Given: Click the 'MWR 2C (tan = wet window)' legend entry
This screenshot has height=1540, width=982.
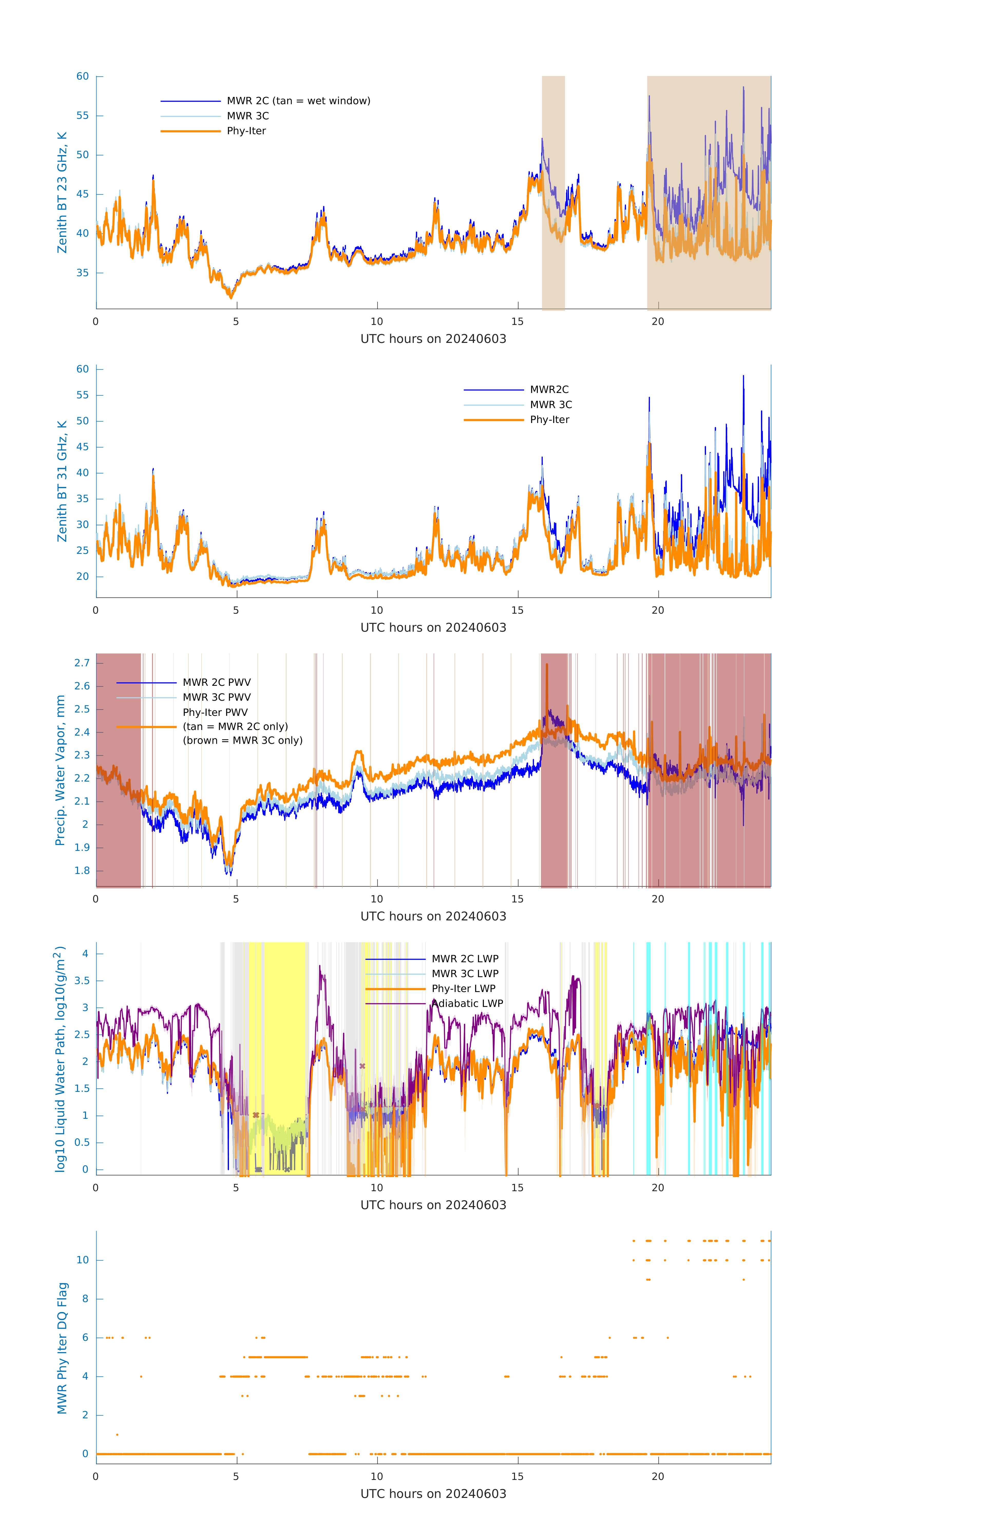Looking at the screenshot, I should coord(298,101).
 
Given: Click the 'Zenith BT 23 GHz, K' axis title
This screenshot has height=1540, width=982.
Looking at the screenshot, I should coord(62,192).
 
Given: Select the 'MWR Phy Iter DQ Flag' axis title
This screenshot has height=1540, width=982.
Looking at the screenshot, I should coord(62,1348).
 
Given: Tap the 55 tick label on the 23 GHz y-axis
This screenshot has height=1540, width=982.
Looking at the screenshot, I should coord(82,116).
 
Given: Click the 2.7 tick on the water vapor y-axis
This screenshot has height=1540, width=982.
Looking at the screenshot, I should coord(82,662).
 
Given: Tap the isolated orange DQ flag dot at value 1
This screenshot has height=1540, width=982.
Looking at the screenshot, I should coord(117,1435).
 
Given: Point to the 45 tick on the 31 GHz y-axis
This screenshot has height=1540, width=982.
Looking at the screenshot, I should coord(82,447).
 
